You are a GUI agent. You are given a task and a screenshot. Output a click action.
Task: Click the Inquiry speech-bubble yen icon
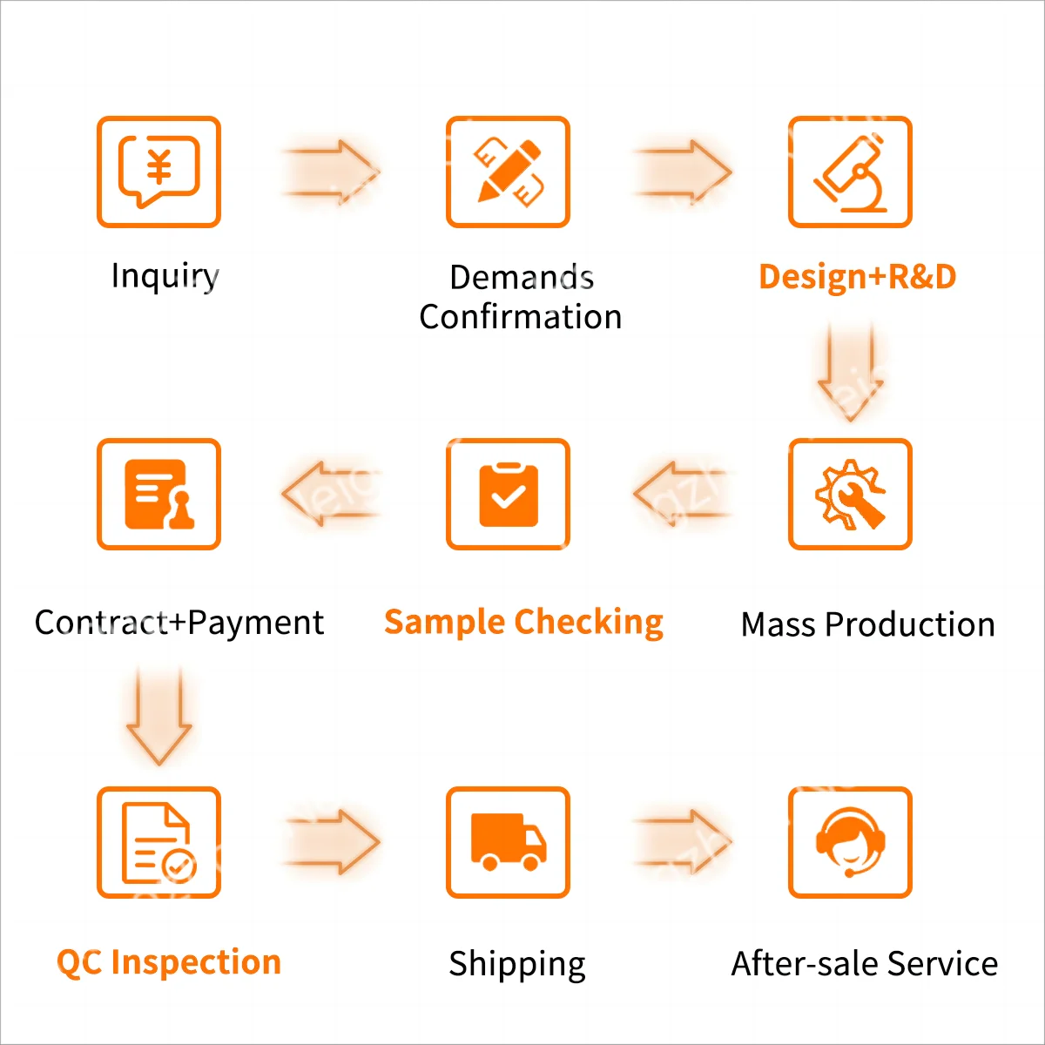point(158,172)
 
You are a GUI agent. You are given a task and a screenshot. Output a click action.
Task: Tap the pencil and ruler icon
point(508,172)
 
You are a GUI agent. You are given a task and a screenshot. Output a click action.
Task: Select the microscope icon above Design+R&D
point(850,172)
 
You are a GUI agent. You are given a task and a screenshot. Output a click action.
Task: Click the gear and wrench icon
point(850,494)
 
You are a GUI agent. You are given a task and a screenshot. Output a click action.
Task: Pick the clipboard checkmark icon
point(508,494)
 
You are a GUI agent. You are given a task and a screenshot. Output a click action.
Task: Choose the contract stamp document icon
point(158,494)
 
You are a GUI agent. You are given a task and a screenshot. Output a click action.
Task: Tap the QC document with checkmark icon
point(158,842)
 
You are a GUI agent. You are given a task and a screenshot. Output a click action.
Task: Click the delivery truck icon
point(508,842)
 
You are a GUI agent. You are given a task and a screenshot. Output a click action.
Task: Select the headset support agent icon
point(850,842)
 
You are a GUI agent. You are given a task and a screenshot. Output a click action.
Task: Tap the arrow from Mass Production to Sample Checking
point(683,494)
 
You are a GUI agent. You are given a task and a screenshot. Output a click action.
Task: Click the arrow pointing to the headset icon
point(683,842)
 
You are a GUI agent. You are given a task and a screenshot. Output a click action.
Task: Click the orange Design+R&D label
point(857,277)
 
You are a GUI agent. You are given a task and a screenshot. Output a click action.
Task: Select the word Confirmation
point(520,317)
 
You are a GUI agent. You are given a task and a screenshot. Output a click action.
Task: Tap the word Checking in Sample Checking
point(589,622)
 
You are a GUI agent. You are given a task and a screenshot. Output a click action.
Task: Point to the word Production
point(909,624)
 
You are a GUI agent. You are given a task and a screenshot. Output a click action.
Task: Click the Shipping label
point(516,964)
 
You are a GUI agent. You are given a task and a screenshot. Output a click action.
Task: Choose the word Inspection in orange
point(196,962)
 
